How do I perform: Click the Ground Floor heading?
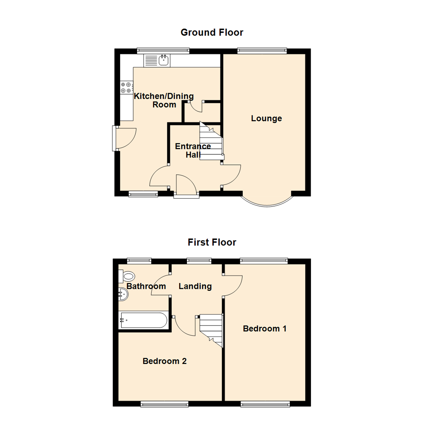point(212,32)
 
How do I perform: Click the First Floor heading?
point(212,242)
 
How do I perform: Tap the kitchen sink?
point(164,60)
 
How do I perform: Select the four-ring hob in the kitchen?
point(126,87)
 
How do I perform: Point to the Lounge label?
point(267,118)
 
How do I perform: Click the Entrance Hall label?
point(193,150)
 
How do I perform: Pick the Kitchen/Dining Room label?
point(164,100)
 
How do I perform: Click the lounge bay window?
point(267,202)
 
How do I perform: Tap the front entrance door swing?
point(186,185)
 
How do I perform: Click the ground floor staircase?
point(211,143)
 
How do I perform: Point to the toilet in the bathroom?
point(127,276)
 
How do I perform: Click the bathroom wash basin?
point(123,294)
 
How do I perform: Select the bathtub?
point(144,320)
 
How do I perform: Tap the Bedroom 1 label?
point(265,328)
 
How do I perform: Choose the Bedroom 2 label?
point(164,361)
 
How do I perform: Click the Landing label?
point(195,286)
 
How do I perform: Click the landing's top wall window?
point(199,260)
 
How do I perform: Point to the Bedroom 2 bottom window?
point(164,403)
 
